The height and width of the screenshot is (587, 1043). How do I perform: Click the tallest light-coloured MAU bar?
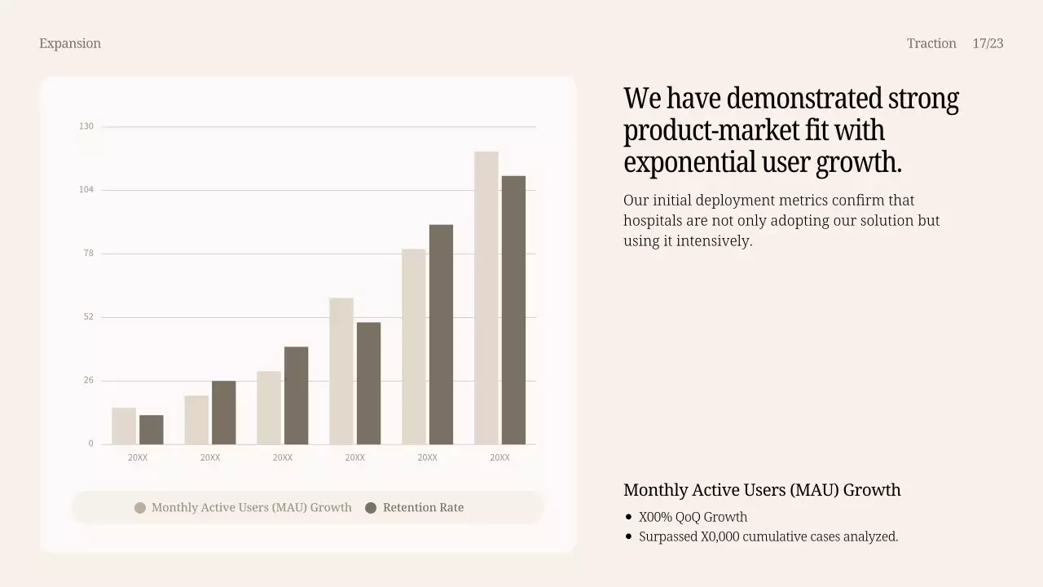click(486, 298)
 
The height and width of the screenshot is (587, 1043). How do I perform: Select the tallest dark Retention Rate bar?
click(513, 310)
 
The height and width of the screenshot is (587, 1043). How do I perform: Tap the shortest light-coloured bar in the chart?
click(124, 426)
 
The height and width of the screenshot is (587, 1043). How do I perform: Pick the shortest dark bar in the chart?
click(152, 430)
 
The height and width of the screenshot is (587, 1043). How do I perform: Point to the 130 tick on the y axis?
click(86, 126)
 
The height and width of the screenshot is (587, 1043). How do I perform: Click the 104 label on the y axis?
click(86, 190)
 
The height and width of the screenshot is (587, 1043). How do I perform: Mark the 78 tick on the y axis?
click(88, 254)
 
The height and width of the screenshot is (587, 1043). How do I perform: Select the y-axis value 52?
click(88, 317)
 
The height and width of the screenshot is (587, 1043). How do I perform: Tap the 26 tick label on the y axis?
click(88, 381)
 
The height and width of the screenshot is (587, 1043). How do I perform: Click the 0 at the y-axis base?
click(90, 444)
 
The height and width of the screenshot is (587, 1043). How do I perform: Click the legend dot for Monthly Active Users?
click(140, 508)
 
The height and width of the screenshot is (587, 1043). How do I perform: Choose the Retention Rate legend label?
click(423, 508)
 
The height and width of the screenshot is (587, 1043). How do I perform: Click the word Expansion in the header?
click(70, 43)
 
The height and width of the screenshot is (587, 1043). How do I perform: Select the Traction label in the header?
click(931, 43)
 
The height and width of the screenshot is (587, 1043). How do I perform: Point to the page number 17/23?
click(988, 43)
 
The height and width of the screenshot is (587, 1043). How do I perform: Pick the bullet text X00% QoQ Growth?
click(693, 517)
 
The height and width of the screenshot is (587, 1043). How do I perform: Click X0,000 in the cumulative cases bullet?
click(720, 536)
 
